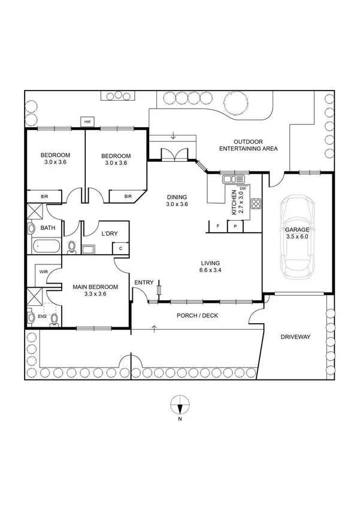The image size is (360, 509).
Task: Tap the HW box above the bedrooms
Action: (x=87, y=122)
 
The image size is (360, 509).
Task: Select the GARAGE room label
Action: (x=298, y=230)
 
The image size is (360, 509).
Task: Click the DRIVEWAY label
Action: (x=295, y=338)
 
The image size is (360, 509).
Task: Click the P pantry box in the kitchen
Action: (x=235, y=226)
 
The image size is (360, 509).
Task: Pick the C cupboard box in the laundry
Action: (x=121, y=248)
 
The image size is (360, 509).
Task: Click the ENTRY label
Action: (x=144, y=282)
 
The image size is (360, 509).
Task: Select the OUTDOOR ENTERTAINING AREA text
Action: (x=248, y=144)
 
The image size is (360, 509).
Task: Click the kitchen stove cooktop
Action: (x=255, y=203)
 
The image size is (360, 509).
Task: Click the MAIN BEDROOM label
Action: (x=95, y=287)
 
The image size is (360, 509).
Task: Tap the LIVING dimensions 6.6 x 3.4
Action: (x=210, y=270)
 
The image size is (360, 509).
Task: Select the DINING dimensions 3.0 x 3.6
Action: (x=177, y=204)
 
